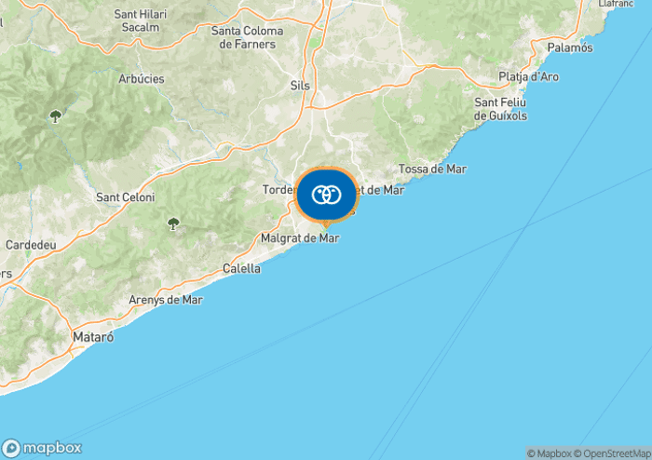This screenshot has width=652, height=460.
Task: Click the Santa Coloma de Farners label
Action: point(247,37)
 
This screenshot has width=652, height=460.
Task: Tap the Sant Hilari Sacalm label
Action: point(136,20)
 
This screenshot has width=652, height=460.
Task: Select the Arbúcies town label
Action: point(142,79)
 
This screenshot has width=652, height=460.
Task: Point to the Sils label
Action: point(300,86)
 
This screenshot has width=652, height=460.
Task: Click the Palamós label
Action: point(570,47)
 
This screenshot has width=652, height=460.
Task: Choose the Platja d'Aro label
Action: point(528,76)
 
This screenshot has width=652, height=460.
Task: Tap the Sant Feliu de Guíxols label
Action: point(501,108)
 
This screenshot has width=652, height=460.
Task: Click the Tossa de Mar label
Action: point(432,169)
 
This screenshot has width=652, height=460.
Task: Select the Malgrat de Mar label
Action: point(300,238)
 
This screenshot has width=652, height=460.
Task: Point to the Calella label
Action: point(242,268)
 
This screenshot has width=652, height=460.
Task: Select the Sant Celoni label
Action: point(126,197)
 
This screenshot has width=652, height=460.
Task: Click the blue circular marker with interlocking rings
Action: point(326,195)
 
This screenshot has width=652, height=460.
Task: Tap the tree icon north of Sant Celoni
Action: point(56,116)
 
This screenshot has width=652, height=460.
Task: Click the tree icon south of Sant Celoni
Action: point(173,223)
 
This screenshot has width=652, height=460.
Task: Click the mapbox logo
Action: point(42,448)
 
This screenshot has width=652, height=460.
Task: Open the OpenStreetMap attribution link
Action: point(614,453)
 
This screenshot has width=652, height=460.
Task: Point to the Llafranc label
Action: point(617,4)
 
